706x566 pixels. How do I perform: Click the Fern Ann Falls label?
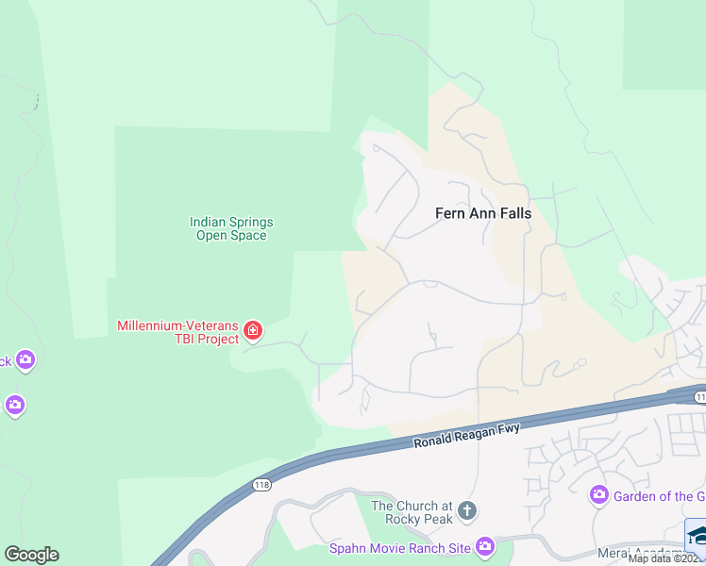pyautogui.click(x=482, y=213)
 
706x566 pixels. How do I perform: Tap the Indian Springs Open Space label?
pyautogui.click(x=231, y=228)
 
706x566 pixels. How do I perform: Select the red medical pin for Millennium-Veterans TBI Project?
pyautogui.click(x=252, y=330)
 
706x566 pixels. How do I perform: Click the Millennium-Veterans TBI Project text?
pyautogui.click(x=177, y=332)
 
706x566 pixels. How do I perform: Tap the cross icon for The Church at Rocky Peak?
pyautogui.click(x=466, y=513)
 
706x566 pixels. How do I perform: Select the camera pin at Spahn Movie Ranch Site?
pyautogui.click(x=484, y=546)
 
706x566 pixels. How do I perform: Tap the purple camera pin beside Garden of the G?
pyautogui.click(x=597, y=494)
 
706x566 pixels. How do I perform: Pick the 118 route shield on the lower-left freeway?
pyautogui.click(x=262, y=484)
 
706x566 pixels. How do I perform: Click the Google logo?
pyautogui.click(x=31, y=555)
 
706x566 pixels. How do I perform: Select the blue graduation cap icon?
pyautogui.click(x=697, y=534)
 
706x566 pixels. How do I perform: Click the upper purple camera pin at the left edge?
pyautogui.click(x=25, y=359)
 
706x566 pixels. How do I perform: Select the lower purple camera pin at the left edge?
pyautogui.click(x=14, y=406)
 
